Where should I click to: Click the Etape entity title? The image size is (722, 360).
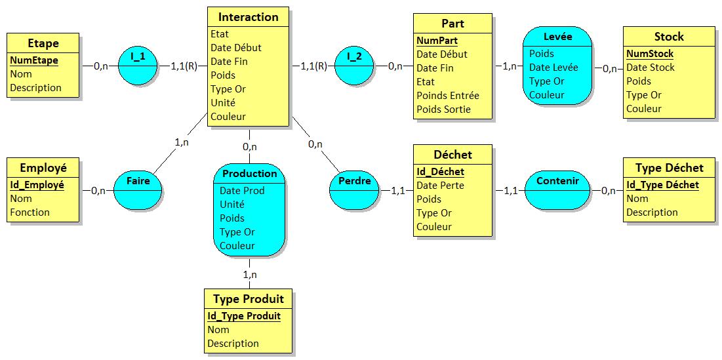[43, 43]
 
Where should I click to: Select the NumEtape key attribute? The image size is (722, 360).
[34, 60]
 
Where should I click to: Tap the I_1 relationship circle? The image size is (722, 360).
[138, 66]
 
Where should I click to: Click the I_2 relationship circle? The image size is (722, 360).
[354, 66]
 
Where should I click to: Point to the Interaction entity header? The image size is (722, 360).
[248, 17]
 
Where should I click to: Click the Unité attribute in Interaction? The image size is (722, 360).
[223, 102]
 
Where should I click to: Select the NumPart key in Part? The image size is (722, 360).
[437, 41]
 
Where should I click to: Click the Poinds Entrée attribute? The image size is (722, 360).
[448, 95]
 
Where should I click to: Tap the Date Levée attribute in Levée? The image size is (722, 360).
[553, 68]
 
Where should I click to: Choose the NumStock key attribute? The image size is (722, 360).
[650, 54]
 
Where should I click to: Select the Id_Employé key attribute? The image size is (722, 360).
[37, 185]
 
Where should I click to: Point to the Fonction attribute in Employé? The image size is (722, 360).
[30, 212]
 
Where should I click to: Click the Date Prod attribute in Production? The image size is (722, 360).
[242, 190]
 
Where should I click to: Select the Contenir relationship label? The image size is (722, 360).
[557, 181]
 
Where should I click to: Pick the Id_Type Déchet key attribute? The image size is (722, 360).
[662, 185]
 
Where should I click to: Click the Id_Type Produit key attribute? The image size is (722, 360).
[244, 316]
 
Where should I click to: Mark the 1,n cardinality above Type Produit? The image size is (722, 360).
[250, 274]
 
